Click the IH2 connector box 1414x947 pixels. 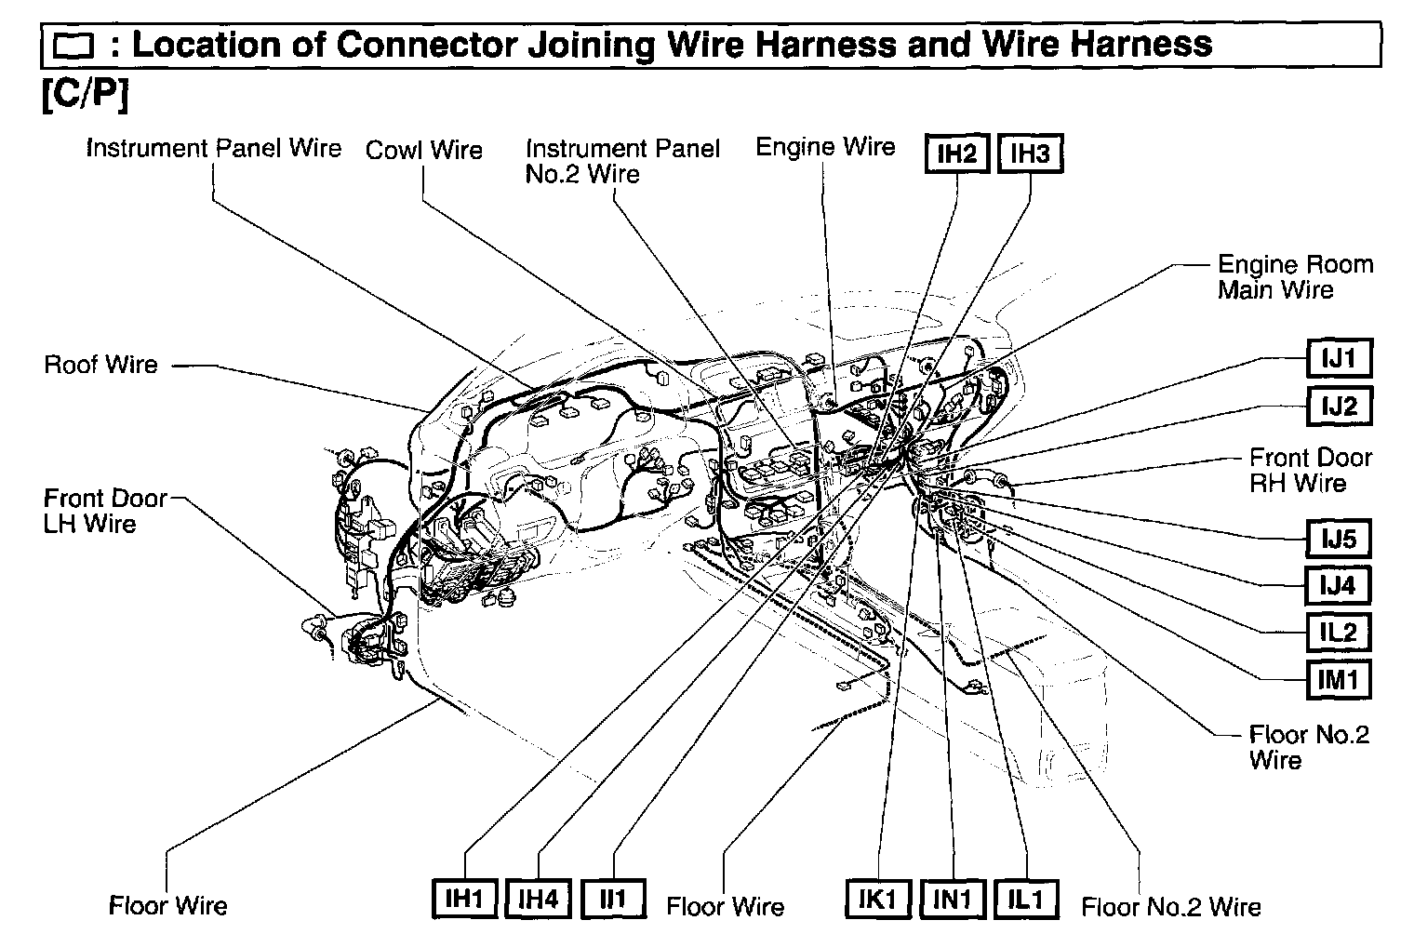pyautogui.click(x=956, y=153)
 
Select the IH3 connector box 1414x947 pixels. pyautogui.click(x=1030, y=153)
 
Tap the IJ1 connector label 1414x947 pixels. pyautogui.click(x=1338, y=357)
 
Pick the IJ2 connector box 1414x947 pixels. pyautogui.click(x=1338, y=406)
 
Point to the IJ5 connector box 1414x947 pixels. pyautogui.click(x=1338, y=539)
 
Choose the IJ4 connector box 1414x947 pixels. pyautogui.click(x=1338, y=586)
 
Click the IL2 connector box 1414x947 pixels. pyautogui.click(x=1338, y=633)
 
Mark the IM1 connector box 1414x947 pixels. pyautogui.click(x=1338, y=680)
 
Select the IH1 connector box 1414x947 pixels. pyautogui.click(x=464, y=899)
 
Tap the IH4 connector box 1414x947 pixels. pyautogui.click(x=538, y=899)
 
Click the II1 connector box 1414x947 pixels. pyautogui.click(x=612, y=899)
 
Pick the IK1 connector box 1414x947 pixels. pyautogui.click(x=878, y=899)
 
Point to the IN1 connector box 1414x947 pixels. pyautogui.click(x=953, y=899)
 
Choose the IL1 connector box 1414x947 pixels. pyautogui.click(x=1026, y=899)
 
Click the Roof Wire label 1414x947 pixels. pyautogui.click(x=101, y=365)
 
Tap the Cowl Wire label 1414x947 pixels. pyautogui.click(x=424, y=151)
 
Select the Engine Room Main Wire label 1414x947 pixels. pyautogui.click(x=1294, y=277)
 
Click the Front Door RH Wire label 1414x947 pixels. pyautogui.click(x=1310, y=470)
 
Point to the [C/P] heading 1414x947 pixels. pyautogui.click(x=84, y=95)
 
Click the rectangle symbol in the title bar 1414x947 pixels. pyautogui.click(x=74, y=46)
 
